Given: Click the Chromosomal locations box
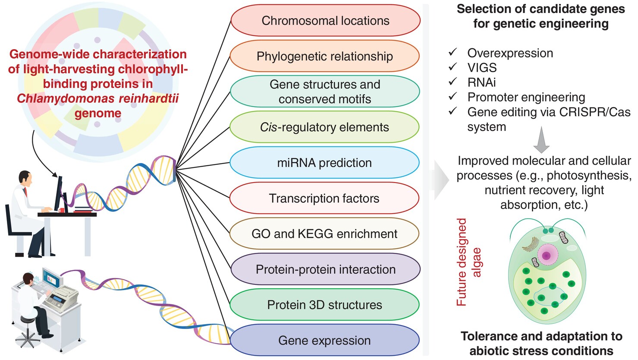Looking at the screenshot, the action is (325, 21).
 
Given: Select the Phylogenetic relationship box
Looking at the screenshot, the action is (325, 56).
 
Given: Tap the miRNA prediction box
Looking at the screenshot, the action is (325, 163).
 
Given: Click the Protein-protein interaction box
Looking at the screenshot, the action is (325, 269).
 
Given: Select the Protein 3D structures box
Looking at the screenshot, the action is (325, 305).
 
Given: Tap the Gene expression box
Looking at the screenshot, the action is (325, 340).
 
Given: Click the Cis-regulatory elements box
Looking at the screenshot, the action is (325, 127).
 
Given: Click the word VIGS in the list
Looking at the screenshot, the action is (482, 68).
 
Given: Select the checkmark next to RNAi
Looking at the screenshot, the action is (453, 81).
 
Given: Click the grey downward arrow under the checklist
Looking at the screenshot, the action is (541, 140).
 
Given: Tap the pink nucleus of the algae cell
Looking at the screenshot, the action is (546, 255).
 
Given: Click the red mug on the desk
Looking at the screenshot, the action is (61, 210).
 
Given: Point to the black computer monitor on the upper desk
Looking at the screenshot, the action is (59, 194).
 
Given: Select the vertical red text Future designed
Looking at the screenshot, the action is (462, 262).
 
